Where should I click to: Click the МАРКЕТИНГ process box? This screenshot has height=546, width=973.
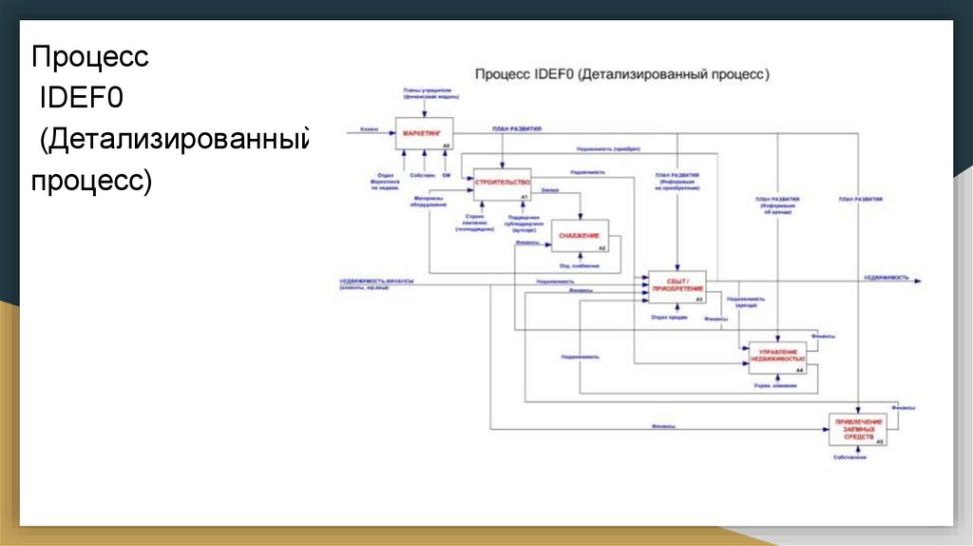[x=424, y=134]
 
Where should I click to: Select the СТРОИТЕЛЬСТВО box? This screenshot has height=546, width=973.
[x=502, y=184]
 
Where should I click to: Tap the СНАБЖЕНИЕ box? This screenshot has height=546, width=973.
[x=580, y=235]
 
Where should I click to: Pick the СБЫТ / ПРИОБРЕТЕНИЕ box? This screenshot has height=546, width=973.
[x=677, y=285]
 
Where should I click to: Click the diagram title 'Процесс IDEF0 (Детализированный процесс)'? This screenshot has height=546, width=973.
[x=621, y=73]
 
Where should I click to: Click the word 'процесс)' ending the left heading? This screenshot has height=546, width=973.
[x=91, y=181]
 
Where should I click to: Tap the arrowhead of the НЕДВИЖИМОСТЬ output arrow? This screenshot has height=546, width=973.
[x=918, y=280]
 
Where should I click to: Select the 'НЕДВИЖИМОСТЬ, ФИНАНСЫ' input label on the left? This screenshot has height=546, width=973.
[x=372, y=282]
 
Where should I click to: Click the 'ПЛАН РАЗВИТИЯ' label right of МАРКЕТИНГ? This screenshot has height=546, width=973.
[x=517, y=127]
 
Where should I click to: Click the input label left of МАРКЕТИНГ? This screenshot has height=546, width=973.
[x=369, y=128]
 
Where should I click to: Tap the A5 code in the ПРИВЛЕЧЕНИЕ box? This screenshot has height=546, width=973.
[x=879, y=442]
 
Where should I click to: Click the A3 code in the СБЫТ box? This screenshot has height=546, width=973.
[x=698, y=300]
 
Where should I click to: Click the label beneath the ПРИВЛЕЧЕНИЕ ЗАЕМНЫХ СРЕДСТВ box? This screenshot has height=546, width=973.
[x=851, y=459]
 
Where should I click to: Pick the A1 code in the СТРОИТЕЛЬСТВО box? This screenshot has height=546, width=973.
[x=524, y=196]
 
